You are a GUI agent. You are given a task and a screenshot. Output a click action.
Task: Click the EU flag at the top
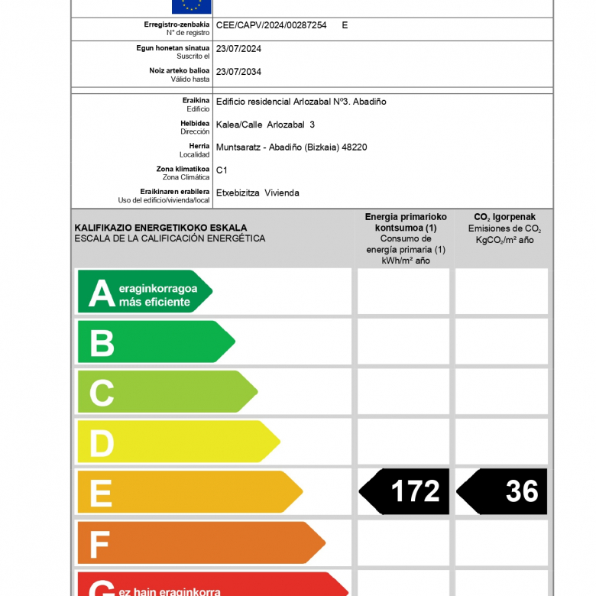(x=191, y=6)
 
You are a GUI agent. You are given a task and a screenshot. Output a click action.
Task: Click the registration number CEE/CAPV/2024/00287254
(x=271, y=25)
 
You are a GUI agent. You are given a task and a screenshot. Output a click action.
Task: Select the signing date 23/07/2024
(x=238, y=48)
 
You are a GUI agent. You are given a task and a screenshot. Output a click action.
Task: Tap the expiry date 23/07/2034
(x=238, y=71)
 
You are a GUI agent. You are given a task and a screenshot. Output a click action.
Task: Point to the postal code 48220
(x=355, y=147)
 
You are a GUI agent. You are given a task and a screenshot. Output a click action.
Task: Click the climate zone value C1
(x=222, y=170)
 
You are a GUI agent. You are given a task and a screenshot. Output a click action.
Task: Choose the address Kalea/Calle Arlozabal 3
(x=265, y=124)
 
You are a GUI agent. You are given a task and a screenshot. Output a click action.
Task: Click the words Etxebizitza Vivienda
(x=258, y=193)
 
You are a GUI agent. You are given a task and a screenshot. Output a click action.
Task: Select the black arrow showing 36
(x=504, y=491)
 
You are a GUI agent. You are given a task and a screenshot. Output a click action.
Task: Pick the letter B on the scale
(x=102, y=343)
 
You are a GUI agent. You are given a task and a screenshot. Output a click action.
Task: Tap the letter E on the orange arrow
(x=101, y=493)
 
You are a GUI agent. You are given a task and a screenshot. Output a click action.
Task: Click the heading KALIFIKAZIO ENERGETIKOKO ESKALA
(x=160, y=228)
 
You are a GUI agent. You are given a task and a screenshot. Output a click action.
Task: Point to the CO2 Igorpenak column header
(x=504, y=217)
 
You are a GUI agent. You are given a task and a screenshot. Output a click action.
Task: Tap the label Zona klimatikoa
(x=183, y=169)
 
